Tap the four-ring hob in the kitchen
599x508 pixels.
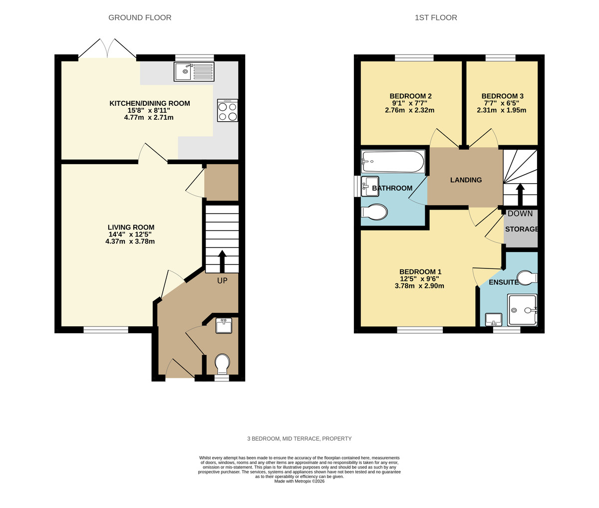tap(228, 111)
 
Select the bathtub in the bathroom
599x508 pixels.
tap(393, 162)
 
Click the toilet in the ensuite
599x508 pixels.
tap(526, 277)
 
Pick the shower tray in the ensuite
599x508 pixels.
tap(522, 310)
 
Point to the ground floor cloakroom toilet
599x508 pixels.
tap(222, 363)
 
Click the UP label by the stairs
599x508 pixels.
tap(222, 281)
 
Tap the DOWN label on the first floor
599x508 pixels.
tap(520, 214)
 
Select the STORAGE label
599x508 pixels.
tap(522, 230)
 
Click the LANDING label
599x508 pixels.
tap(466, 180)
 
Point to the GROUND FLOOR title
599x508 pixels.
tap(140, 18)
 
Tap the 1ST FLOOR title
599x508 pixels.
tap(436, 18)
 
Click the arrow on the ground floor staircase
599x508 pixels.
tap(222, 259)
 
